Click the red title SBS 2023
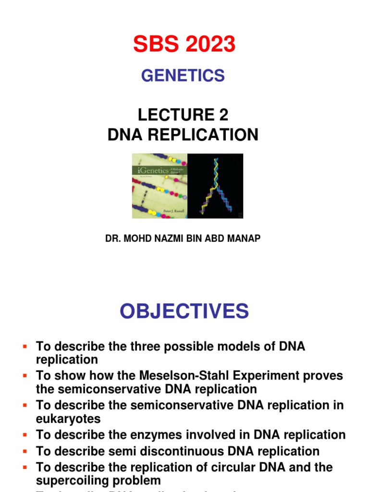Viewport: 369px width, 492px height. pyautogui.click(x=184, y=45)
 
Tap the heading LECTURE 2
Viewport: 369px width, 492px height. pyautogui.click(x=183, y=115)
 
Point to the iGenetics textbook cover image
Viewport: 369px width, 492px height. pyautogui.click(x=160, y=186)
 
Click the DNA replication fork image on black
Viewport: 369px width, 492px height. pyautogui.click(x=215, y=186)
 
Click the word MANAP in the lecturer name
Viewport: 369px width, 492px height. pyautogui.click(x=245, y=239)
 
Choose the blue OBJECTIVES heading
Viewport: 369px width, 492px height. pyautogui.click(x=184, y=311)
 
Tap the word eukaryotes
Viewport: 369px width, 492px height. pyautogui.click(x=68, y=418)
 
